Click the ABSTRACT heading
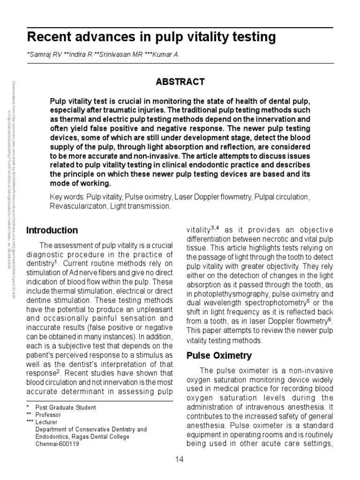pyautogui.click(x=180, y=82)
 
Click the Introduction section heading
pyautogui.click(x=52, y=230)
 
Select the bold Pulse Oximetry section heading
pyautogui.click(x=219, y=355)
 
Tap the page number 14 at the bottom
pyautogui.click(x=180, y=459)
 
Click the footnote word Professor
pyautogui.click(x=48, y=415)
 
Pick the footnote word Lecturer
pyautogui.click(x=47, y=422)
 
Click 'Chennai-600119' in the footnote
pyautogui.click(x=57, y=444)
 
